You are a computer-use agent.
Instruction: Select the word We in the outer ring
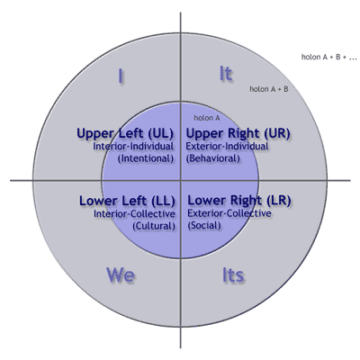121,274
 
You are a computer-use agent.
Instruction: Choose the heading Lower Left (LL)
126,200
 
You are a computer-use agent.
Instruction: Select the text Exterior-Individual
225,145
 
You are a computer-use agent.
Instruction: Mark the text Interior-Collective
134,213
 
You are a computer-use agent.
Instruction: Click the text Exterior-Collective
226,213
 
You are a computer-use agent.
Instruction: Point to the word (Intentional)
145,157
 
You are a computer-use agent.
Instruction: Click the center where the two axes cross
180,180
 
